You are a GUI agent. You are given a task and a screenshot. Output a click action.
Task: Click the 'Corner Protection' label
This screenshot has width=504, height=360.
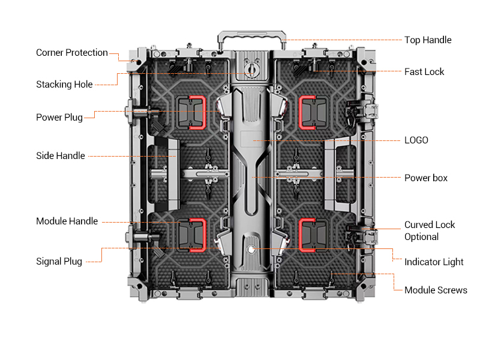click(72, 53)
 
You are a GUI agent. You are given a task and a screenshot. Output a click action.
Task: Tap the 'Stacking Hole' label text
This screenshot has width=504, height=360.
click(64, 85)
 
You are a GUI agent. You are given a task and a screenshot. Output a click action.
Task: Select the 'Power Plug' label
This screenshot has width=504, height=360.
click(59, 118)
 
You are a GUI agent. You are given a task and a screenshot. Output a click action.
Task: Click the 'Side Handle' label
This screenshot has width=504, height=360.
click(61, 156)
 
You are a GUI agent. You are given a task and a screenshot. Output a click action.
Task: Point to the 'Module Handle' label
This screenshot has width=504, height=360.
click(67, 221)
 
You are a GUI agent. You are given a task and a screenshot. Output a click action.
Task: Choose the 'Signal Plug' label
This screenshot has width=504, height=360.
click(59, 262)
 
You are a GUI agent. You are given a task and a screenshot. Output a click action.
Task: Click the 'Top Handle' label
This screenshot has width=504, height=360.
click(428, 40)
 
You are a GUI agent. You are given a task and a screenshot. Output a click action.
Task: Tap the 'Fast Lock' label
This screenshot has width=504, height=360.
click(424, 72)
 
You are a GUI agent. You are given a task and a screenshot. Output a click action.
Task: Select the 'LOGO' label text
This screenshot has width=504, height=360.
click(416, 140)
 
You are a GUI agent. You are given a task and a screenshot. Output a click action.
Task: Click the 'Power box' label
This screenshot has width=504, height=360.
click(426, 178)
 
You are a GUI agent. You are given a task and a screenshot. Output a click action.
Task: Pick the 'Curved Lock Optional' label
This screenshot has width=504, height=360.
click(430, 231)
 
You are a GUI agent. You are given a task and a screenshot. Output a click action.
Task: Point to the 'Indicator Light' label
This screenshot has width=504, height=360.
click(434, 262)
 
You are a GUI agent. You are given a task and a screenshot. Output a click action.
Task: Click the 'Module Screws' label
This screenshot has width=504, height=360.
click(436, 290)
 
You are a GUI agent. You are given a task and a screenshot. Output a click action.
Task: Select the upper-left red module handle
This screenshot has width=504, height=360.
click(196, 112)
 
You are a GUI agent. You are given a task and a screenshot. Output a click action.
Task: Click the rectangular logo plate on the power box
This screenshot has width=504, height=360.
click(251, 137)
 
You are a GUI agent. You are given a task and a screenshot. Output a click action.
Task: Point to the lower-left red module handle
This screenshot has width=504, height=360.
click(196, 234)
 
